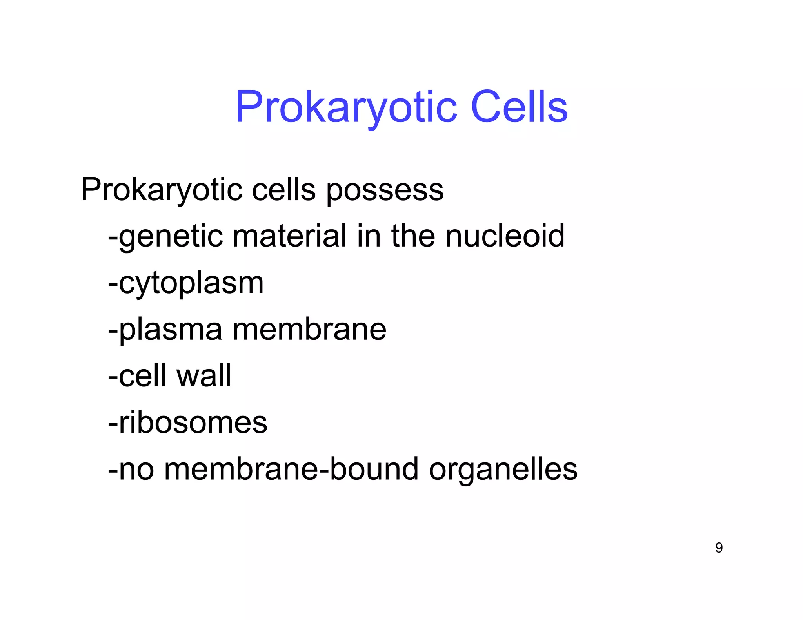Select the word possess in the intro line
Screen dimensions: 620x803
coord(385,190)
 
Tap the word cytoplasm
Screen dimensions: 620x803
coord(191,284)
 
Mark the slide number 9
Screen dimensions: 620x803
coord(719,547)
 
